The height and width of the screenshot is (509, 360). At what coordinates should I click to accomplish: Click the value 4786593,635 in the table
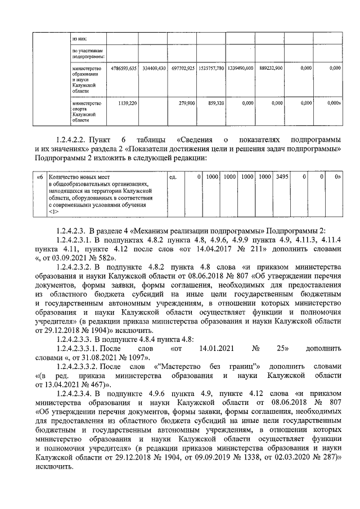click(x=121, y=68)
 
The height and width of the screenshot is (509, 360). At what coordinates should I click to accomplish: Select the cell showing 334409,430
click(x=154, y=68)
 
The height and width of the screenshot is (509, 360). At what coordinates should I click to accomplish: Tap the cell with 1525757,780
click(x=211, y=68)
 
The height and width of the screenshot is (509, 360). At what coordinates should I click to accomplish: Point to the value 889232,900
click(x=271, y=68)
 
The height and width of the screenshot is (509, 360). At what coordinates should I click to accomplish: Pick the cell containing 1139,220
click(x=125, y=103)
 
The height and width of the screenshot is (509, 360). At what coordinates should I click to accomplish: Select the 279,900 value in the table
click(x=186, y=103)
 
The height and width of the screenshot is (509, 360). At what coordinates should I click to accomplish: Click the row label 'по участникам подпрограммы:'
click(x=88, y=54)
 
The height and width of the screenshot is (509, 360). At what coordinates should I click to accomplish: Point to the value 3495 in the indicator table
click(x=281, y=177)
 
